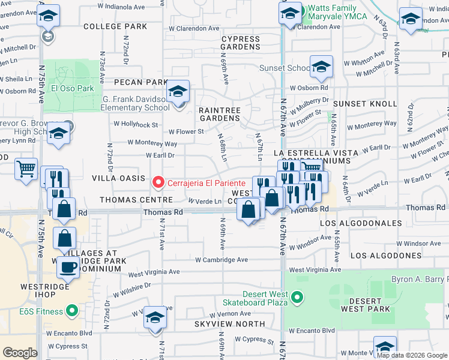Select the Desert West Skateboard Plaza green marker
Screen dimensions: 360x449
(296, 297)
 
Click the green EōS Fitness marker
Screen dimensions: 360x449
(72, 311)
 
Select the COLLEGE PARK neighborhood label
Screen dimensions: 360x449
(115, 27)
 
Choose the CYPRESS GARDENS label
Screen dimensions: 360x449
(240, 43)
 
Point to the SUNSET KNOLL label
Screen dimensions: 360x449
(366, 104)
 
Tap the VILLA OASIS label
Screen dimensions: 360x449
(118, 178)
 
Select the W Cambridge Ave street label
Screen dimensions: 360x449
(221, 260)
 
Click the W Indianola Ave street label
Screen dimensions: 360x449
(122, 8)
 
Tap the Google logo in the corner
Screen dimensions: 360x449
(20, 353)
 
